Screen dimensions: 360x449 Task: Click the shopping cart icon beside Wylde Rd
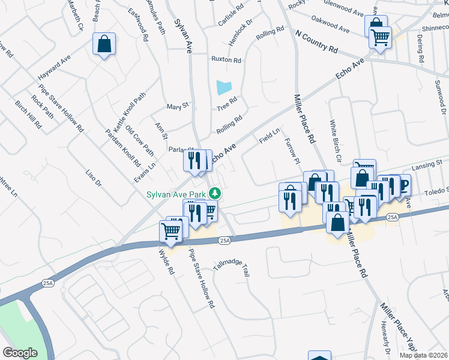tap(171, 230)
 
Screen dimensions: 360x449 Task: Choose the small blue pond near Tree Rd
tap(223, 87)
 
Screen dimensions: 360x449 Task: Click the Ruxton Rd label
tap(226, 60)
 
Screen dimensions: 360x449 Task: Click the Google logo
tap(20, 353)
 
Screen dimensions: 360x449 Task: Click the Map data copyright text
tap(423, 355)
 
